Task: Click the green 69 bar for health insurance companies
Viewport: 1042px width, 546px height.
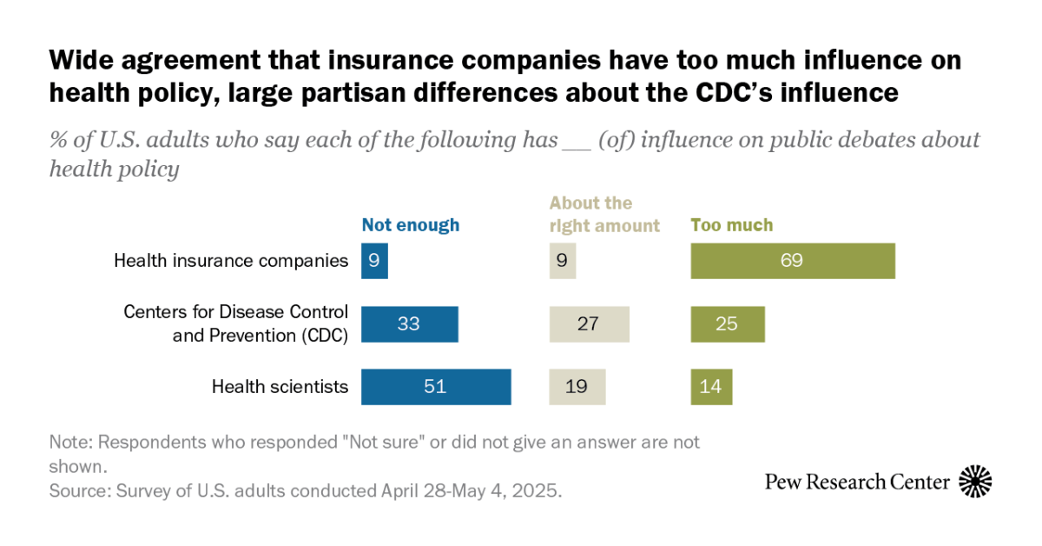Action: pyautogui.click(x=792, y=261)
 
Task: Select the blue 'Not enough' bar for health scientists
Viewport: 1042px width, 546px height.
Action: pyautogui.click(x=436, y=387)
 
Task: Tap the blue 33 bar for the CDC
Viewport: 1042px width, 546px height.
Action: pyautogui.click(x=409, y=324)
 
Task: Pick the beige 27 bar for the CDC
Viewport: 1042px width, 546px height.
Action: pyautogui.click(x=589, y=324)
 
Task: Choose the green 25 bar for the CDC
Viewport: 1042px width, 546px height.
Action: pyautogui.click(x=728, y=324)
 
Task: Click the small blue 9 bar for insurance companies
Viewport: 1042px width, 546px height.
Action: pyautogui.click(x=374, y=261)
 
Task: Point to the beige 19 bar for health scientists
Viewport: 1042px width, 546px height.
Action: pyautogui.click(x=577, y=387)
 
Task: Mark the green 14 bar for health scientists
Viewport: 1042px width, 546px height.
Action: pyautogui.click(x=711, y=387)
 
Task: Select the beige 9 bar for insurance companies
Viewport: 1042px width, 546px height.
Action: pyautogui.click(x=562, y=261)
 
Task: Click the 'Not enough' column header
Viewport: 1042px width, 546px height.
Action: pyautogui.click(x=410, y=225)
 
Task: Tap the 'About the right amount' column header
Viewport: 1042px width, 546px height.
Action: pyautogui.click(x=603, y=215)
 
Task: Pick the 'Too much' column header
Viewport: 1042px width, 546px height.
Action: pyautogui.click(x=731, y=225)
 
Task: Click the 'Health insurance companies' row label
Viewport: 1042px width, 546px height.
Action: pyautogui.click(x=231, y=261)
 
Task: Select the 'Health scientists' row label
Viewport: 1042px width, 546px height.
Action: pyautogui.click(x=280, y=387)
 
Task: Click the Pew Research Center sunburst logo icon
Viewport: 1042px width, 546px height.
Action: pyautogui.click(x=975, y=481)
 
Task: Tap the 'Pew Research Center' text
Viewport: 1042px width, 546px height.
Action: pyautogui.click(x=857, y=482)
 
